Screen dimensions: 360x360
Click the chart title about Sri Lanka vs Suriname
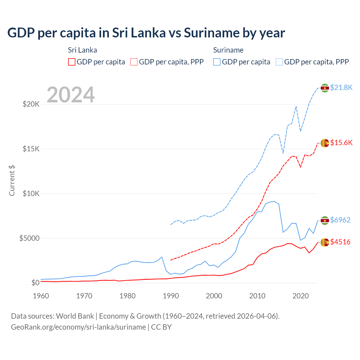[146, 33]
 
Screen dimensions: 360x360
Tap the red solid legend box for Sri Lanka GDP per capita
[72, 62]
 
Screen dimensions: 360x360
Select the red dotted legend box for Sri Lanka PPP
[134, 62]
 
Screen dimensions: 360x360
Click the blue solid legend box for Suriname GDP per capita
[217, 62]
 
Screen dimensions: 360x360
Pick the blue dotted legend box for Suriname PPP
[279, 62]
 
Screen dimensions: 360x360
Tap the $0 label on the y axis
[35, 283]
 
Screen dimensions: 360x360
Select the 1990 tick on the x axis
[171, 296]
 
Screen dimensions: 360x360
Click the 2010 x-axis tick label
[257, 296]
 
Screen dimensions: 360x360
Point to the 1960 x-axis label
[41, 296]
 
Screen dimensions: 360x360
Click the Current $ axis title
[12, 181]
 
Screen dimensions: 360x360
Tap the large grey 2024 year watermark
[71, 95]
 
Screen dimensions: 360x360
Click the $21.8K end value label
[341, 88]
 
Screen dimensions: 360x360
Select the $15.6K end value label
[341, 143]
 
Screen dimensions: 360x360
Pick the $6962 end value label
[340, 220]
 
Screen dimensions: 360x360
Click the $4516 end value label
[340, 242]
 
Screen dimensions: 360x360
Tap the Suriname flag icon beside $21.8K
[325, 88]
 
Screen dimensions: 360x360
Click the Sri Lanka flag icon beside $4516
[325, 242]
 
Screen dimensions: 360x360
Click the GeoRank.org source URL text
[78, 327]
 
